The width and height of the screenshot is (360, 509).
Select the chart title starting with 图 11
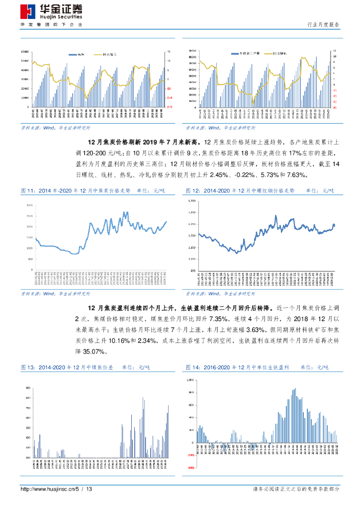click(75, 190)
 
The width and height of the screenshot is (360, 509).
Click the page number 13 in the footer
click(90, 490)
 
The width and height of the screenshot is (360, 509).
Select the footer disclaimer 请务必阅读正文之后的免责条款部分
click(296, 490)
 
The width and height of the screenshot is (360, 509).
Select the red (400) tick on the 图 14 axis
click(190, 468)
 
